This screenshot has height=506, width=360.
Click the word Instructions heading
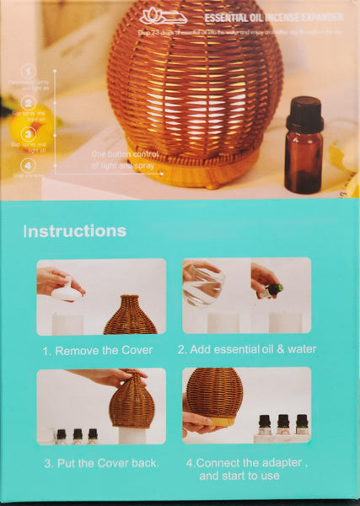click(x=75, y=231)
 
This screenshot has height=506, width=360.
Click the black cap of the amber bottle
click(x=304, y=113)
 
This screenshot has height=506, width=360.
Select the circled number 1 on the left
click(x=29, y=72)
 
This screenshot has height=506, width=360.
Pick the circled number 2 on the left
click(x=29, y=102)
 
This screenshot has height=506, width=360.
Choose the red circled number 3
click(x=29, y=133)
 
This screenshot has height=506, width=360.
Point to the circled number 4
click(x=29, y=165)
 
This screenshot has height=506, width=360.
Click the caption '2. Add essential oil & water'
click(x=246, y=349)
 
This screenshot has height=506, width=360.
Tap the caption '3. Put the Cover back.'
click(x=101, y=462)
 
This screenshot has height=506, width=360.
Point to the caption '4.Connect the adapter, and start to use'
click(x=247, y=469)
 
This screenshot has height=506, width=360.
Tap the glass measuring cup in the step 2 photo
click(x=205, y=286)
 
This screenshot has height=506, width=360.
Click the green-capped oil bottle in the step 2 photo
click(x=272, y=290)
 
